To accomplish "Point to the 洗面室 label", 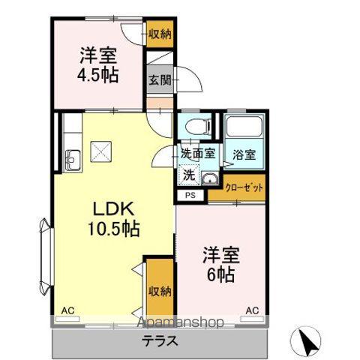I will coord(198,153).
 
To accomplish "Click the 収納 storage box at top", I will coord(158,33).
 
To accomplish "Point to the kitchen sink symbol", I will coord(72,160).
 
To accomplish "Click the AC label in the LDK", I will coord(67,310).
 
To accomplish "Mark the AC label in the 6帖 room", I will coord(252,310).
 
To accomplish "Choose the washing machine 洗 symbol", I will coord(189,175).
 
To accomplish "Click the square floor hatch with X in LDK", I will coord(100,152).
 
